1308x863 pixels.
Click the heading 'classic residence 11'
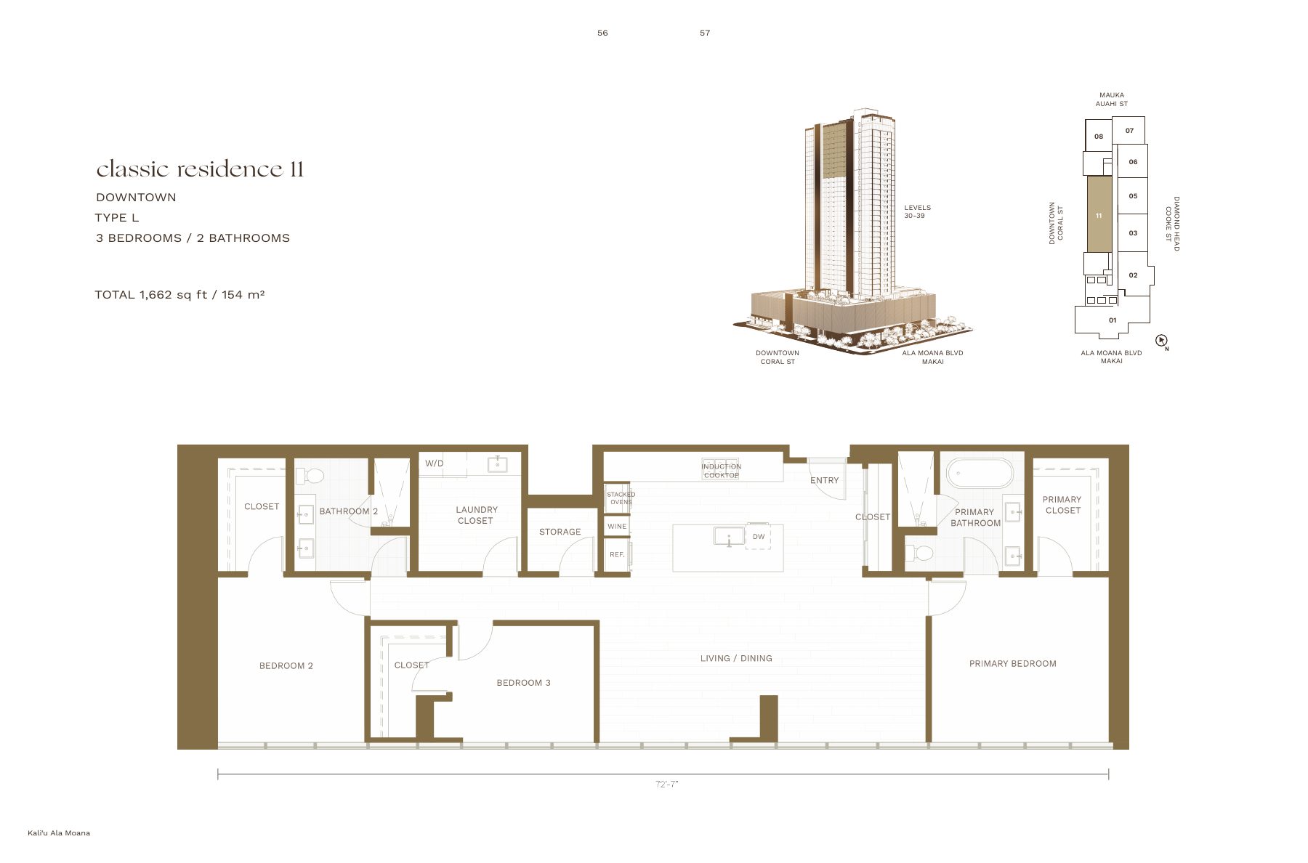[x=200, y=169]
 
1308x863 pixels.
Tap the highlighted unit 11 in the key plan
[x=1099, y=215]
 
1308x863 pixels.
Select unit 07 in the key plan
[x=1129, y=131]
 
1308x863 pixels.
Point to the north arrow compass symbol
[x=1161, y=340]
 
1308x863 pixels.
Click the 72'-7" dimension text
[x=666, y=784]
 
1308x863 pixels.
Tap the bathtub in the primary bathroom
[x=979, y=473]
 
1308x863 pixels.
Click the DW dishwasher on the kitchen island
[x=759, y=537]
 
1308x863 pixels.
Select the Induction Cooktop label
[x=721, y=471]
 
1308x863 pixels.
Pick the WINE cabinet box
[x=617, y=526]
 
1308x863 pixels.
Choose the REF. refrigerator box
[x=617, y=554]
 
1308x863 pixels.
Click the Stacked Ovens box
[x=621, y=498]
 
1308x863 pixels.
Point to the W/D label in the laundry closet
[x=435, y=463]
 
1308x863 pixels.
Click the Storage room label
[x=560, y=532]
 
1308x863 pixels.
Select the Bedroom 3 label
[x=524, y=683]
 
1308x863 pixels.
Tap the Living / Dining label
[x=736, y=658]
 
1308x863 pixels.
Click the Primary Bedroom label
[x=1013, y=663]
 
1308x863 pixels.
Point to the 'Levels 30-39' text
[x=917, y=211]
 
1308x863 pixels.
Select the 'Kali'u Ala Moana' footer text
[x=59, y=833]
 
